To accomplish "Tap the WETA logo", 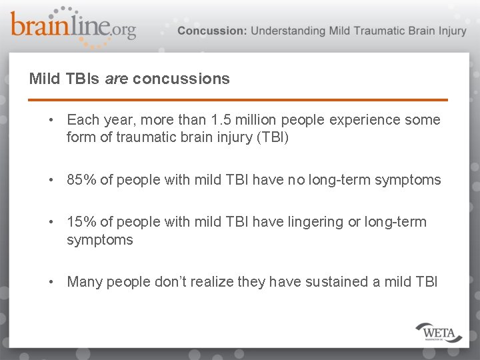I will [439, 331].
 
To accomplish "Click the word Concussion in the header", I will [211, 31].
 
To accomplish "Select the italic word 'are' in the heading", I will [117, 79].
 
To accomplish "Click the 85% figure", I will [81, 179].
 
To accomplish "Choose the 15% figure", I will [81, 221].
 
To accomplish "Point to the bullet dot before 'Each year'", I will [51, 120].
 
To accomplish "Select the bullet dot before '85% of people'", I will [51, 179].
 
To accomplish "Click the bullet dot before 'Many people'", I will [51, 281].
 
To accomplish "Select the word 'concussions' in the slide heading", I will [181, 79].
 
